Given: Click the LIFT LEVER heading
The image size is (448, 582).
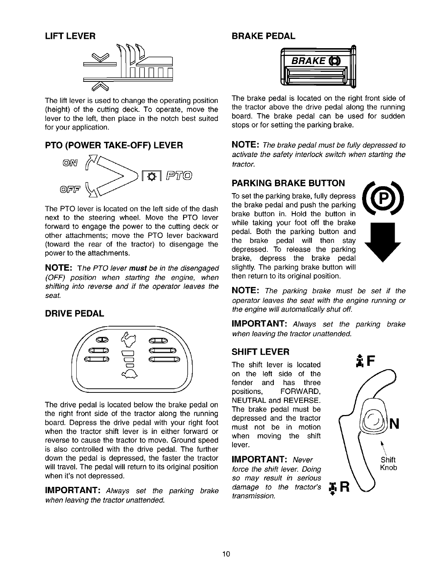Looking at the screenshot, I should pos(70,36).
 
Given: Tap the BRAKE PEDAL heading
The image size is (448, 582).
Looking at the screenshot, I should pos(263,36).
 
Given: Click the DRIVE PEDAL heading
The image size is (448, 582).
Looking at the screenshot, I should pos(74,314).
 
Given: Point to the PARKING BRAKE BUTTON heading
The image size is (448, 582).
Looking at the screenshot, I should pos(288,183).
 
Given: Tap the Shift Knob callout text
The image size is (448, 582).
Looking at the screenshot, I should pos(388,464).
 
